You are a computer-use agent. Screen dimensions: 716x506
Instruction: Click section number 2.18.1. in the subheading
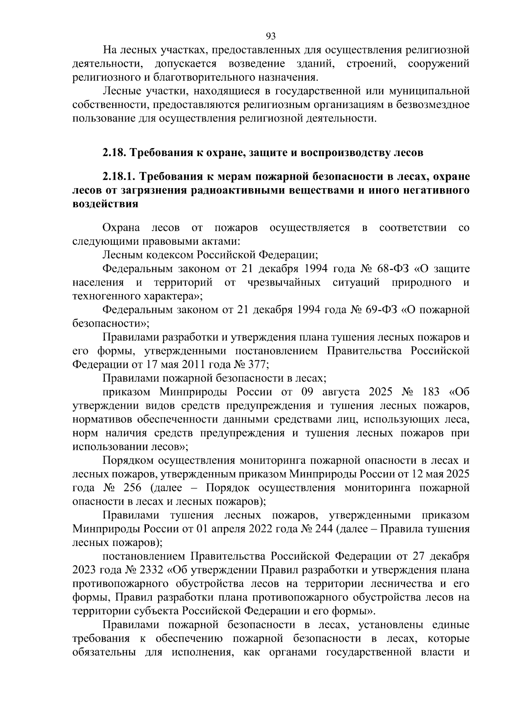tap(119, 176)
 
